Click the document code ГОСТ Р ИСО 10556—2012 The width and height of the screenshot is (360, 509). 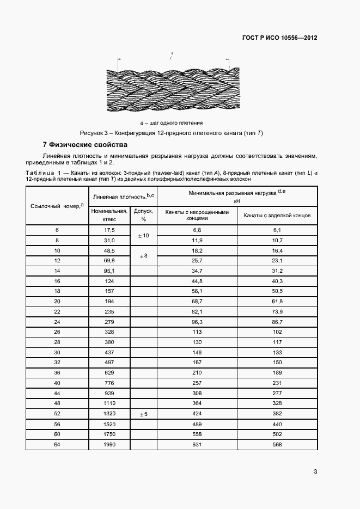point(279,38)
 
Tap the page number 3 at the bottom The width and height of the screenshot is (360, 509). point(315,471)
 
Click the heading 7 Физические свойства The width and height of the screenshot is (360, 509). point(84,145)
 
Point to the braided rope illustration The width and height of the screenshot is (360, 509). point(172,90)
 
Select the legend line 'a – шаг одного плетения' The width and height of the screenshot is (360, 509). point(172,122)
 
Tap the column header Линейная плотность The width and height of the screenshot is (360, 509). point(124,196)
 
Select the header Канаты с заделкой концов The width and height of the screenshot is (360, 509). point(277,216)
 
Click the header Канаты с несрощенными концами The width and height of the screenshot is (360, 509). point(197,216)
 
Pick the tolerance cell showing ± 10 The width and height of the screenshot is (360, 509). point(144,235)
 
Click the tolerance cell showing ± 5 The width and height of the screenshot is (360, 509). point(144,414)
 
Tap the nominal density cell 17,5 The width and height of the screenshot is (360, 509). point(109,230)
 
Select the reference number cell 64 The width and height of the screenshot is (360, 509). point(57,445)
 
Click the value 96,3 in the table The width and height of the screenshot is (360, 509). point(197,322)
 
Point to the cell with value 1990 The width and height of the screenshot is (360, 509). point(109,445)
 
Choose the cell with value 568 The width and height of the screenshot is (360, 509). point(277,445)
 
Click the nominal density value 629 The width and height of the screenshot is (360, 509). point(109,373)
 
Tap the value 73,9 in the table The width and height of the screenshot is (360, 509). point(277,312)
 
